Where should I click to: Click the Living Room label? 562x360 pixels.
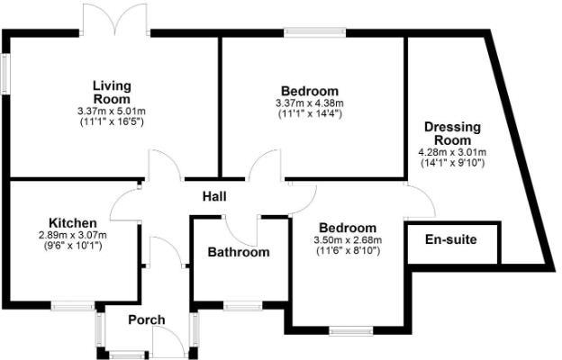tap(112, 92)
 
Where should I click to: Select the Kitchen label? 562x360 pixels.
tap(73, 222)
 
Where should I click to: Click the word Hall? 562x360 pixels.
tap(214, 197)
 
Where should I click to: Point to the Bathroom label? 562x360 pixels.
tap(239, 252)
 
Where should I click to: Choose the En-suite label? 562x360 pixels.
tap(451, 240)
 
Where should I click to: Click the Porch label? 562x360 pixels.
tap(147, 320)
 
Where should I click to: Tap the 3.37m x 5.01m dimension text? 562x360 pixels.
tap(112, 111)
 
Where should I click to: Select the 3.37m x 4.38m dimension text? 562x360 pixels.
tap(310, 104)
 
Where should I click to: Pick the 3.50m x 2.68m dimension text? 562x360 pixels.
tap(347, 240)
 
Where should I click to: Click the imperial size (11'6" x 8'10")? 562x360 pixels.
tap(347, 251)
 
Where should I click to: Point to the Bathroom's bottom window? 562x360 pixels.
tap(240, 305)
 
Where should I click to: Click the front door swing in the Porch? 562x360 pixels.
tap(168, 342)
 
